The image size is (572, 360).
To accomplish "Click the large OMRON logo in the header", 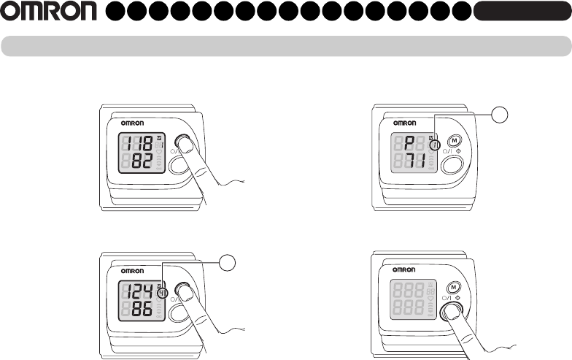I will click(48, 12).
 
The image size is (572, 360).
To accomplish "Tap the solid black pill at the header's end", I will click(521, 12).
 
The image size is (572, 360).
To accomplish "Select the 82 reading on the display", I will click(142, 161).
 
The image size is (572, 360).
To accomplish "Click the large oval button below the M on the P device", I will click(452, 164).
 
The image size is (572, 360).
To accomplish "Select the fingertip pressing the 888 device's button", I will click(454, 312).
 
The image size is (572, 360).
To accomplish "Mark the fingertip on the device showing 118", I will click(187, 144).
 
